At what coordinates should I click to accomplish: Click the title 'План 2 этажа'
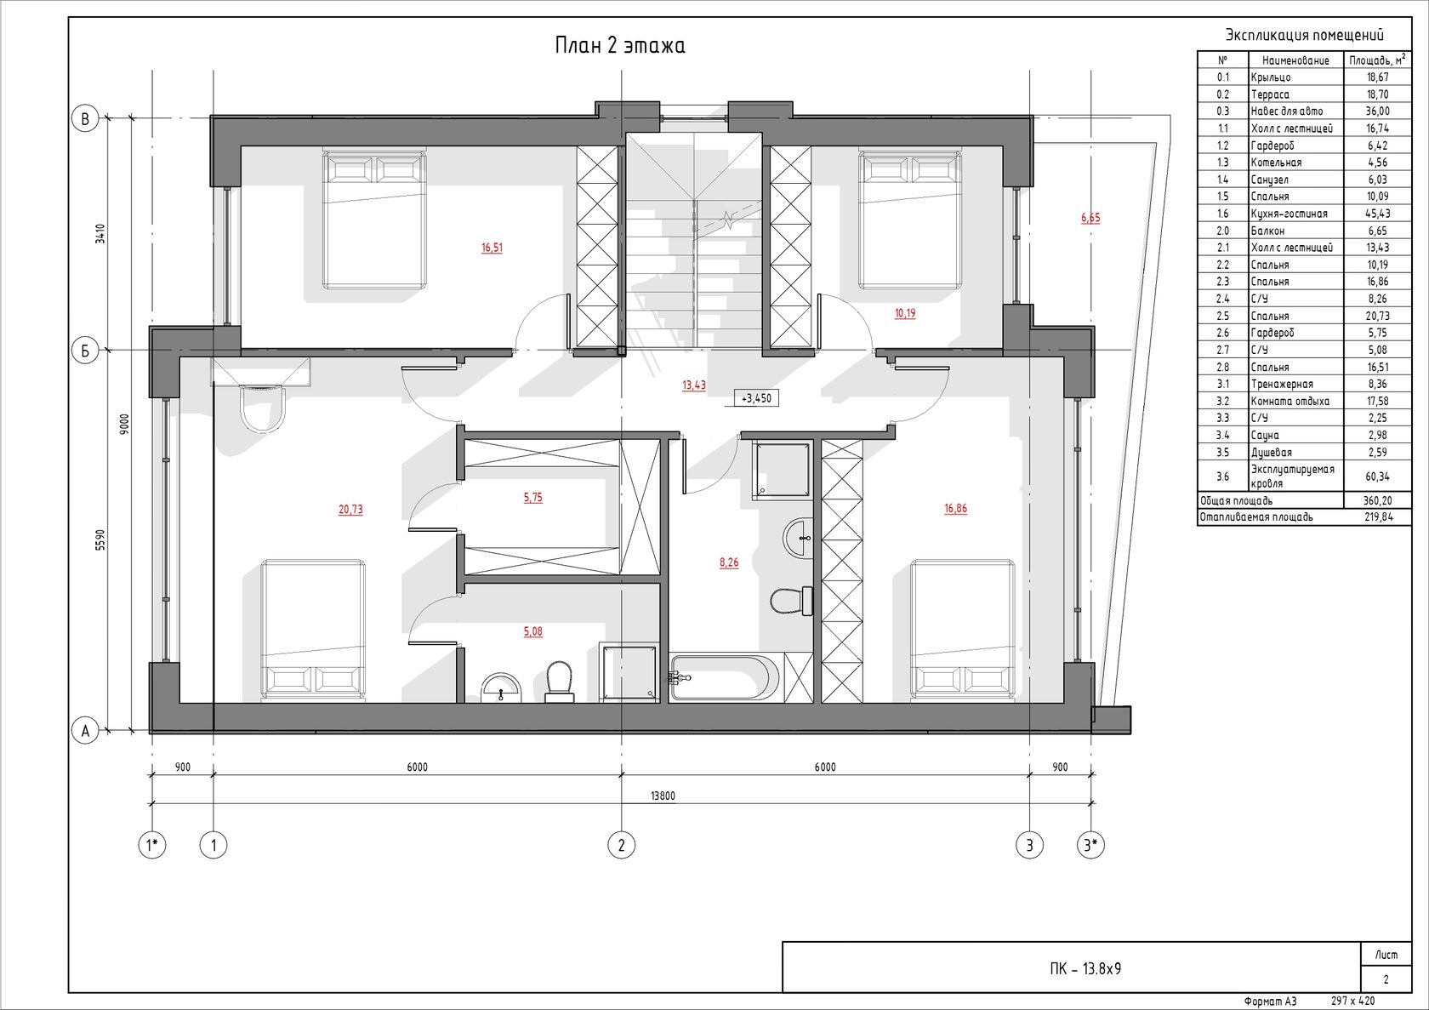click(x=620, y=46)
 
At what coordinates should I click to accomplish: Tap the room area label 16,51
click(x=492, y=248)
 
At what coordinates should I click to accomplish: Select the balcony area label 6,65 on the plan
click(x=1090, y=218)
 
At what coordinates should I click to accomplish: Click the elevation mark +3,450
click(x=756, y=398)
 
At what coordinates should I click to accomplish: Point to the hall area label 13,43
click(x=693, y=385)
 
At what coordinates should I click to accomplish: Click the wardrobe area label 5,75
click(x=532, y=497)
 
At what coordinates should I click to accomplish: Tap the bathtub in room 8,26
click(x=724, y=677)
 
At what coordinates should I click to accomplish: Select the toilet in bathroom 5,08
click(x=560, y=682)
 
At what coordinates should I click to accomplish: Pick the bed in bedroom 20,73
click(x=313, y=631)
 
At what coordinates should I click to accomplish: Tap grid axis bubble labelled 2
click(x=621, y=846)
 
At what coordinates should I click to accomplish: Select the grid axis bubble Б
click(x=85, y=351)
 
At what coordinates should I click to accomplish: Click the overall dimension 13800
click(x=663, y=796)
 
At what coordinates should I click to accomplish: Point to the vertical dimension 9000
click(x=125, y=425)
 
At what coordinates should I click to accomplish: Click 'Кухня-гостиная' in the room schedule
click(x=1289, y=214)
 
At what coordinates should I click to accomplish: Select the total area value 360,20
click(x=1377, y=501)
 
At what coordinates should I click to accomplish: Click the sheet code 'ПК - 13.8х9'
click(x=1085, y=968)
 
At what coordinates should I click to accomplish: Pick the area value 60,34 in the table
click(x=1378, y=476)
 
